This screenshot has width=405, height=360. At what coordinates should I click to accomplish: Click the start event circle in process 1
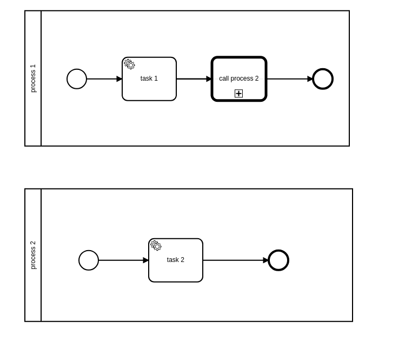pos(77,79)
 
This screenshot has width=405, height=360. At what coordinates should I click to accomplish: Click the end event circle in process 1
pos(323,79)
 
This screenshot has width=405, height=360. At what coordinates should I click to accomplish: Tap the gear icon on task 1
pos(130,64)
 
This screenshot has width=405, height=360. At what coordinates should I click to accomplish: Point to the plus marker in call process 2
pos(238,94)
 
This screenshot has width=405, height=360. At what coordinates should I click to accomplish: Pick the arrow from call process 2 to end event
pos(289,79)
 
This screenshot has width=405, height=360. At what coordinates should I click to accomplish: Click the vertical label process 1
pos(33,78)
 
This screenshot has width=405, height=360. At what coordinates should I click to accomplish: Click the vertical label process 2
pos(33,255)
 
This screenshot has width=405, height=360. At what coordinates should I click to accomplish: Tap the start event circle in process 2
pos(89,260)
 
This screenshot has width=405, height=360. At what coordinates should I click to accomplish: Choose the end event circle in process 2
pos(278,260)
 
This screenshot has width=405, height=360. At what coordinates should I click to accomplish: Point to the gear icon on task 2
pos(156,246)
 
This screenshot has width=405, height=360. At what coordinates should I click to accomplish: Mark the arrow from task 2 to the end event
pos(235,260)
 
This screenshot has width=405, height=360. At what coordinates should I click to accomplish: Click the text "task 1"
pos(149,78)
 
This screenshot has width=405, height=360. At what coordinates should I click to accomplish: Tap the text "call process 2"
pos(239,78)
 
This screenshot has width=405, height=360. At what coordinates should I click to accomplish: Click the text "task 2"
pos(176,260)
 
